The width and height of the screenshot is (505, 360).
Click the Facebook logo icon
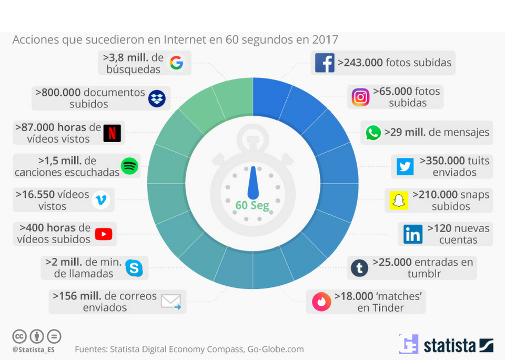point(325,63)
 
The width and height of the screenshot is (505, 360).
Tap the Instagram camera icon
point(360,97)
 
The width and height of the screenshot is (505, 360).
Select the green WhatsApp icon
point(373,132)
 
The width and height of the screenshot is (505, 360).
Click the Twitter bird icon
point(405,166)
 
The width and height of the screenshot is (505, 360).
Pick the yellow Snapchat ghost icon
point(399,201)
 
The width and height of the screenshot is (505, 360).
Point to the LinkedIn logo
point(413,234)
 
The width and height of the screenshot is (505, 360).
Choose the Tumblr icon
point(359,268)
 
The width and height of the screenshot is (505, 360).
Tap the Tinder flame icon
point(321,302)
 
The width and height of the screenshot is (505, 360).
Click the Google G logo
point(176,63)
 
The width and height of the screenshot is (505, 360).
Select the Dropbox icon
point(157,98)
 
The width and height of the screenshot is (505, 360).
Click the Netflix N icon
point(112,133)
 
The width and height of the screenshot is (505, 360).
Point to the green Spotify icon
point(129,166)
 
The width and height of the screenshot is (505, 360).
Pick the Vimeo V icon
point(100,200)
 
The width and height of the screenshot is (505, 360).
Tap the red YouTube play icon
point(104,234)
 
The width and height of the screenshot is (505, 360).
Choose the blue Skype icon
point(134,268)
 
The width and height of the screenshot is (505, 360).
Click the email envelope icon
point(171,302)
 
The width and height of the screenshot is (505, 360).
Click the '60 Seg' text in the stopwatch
point(252,205)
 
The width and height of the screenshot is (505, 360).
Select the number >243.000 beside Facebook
point(360,63)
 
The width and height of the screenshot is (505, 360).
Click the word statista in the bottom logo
point(450,345)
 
